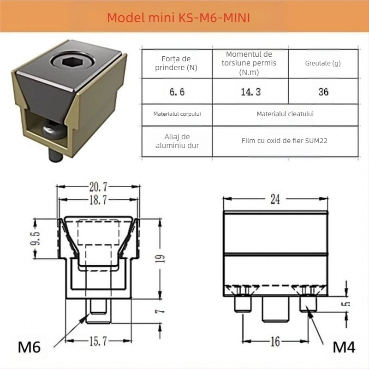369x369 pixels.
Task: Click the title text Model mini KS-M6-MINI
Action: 179,18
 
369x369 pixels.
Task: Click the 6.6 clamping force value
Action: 177,92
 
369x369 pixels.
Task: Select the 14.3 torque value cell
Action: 250,92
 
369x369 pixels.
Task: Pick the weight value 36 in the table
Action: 323,92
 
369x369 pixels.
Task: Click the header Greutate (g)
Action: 323,63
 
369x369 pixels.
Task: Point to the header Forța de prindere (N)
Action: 176,63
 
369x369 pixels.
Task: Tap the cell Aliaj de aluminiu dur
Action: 176,141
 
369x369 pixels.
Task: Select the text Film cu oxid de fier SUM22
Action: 284,141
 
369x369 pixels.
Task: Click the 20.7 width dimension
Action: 97,187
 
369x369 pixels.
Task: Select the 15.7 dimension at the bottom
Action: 97,341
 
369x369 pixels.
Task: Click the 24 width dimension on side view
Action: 275,199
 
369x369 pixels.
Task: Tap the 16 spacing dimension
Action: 275,342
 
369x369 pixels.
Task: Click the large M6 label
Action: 29,347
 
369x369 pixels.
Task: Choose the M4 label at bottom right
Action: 343,347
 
